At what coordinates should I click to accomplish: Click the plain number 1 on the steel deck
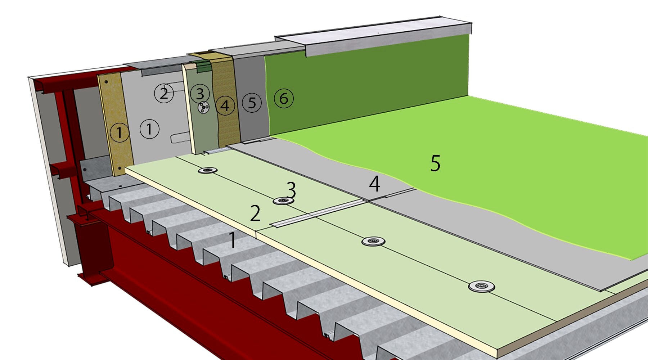[x=233, y=240]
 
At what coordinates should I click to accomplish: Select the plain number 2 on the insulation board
[x=255, y=213]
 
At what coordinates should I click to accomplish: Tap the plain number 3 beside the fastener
[x=291, y=190]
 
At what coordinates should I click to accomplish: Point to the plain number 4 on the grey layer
[x=374, y=184]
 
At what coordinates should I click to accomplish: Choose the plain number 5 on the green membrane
[x=435, y=163]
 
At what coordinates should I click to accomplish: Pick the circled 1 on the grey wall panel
[x=149, y=129]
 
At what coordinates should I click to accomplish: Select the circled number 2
[x=164, y=93]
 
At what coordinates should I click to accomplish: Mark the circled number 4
[x=225, y=105]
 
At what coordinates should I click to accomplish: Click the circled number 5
[x=252, y=103]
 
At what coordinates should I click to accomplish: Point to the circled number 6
[x=284, y=98]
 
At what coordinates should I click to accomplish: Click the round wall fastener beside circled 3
[x=204, y=108]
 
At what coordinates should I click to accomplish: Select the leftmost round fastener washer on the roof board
[x=208, y=170]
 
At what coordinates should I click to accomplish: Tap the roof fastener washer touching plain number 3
[x=283, y=201]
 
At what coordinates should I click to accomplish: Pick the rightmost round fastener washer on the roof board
[x=481, y=286]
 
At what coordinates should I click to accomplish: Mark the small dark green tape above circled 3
[x=203, y=66]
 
